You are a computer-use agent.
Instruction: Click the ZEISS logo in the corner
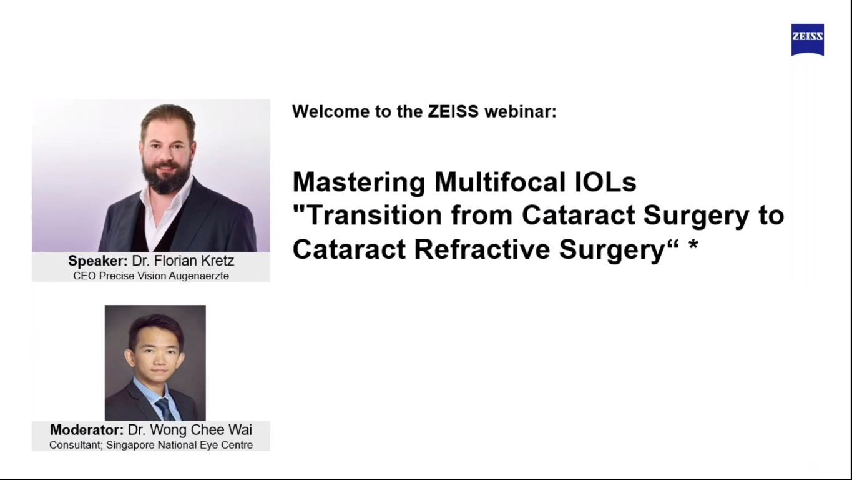808,39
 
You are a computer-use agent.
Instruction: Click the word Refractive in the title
482,249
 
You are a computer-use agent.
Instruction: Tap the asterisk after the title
693,244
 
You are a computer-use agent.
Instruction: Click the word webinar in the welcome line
521,111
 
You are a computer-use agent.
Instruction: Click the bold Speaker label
98,261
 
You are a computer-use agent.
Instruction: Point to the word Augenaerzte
199,276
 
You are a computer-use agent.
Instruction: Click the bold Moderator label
87,430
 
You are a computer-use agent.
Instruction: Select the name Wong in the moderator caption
169,430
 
